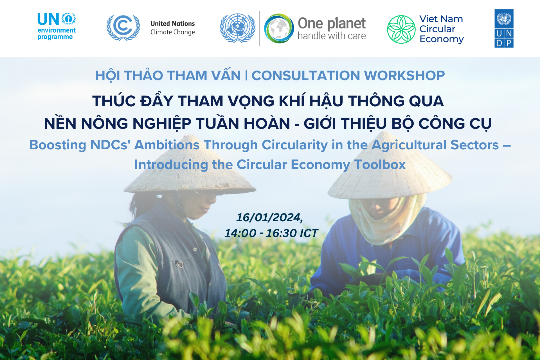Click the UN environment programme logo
point(57,26)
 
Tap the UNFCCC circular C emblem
point(123,27)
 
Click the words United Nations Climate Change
point(173,28)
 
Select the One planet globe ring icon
point(279,28)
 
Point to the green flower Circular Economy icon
point(401,29)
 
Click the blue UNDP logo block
point(504,28)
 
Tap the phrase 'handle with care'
point(332,36)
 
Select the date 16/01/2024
point(269,217)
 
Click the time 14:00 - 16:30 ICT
point(271,233)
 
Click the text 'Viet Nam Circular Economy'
point(441,29)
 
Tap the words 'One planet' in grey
point(332,23)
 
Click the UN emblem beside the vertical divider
point(238,28)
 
